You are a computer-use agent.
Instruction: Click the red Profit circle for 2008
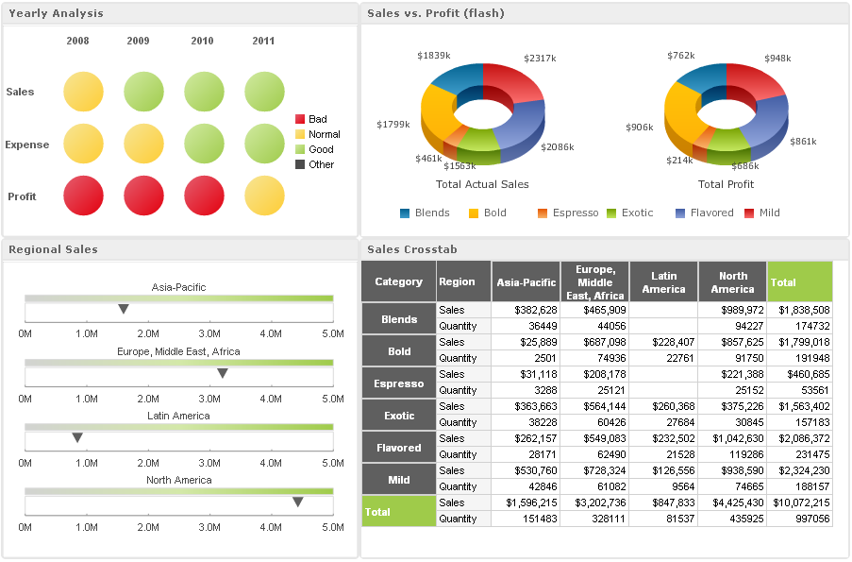coord(83,196)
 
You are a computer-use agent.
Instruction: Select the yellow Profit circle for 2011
coord(264,196)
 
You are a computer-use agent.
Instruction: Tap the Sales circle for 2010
coord(204,92)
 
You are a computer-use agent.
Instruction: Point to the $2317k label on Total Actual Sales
coord(540,59)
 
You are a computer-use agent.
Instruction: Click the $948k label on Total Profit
coord(777,59)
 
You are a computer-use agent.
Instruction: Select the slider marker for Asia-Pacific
coord(124,309)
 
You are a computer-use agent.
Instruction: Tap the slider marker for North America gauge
coord(298,502)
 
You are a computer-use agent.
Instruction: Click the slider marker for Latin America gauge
coord(77,437)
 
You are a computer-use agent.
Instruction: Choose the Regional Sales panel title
coord(53,249)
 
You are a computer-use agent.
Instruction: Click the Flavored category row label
coord(399,448)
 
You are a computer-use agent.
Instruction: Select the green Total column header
coord(799,281)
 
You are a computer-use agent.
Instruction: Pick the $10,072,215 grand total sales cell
coord(799,502)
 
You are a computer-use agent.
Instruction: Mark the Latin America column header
coord(663,281)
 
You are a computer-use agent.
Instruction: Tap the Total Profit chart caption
coord(726,184)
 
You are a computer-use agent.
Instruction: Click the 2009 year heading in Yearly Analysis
coord(138,41)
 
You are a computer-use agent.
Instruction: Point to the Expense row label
coord(27,145)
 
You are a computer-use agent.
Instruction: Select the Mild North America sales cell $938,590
coord(732,470)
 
